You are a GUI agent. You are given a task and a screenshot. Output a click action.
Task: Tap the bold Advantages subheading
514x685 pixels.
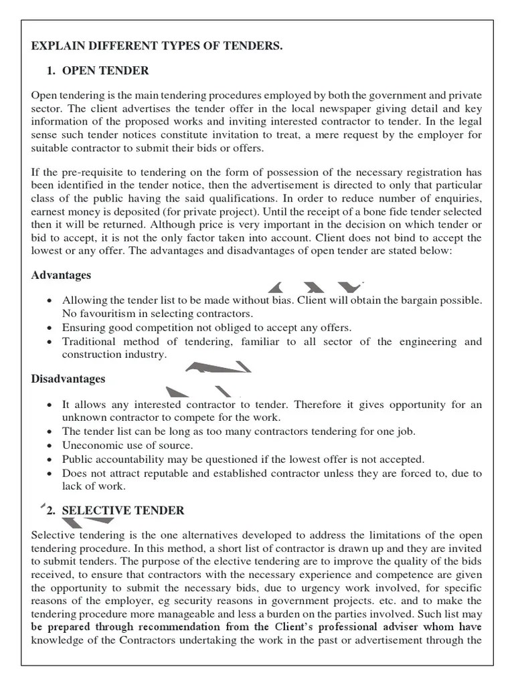[x=62, y=276]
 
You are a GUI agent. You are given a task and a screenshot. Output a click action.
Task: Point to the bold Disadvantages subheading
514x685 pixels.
[x=68, y=379]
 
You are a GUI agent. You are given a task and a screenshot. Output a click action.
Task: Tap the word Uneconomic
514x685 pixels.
[x=92, y=446]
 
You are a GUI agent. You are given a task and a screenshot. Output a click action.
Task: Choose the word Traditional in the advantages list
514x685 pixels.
[x=90, y=342]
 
